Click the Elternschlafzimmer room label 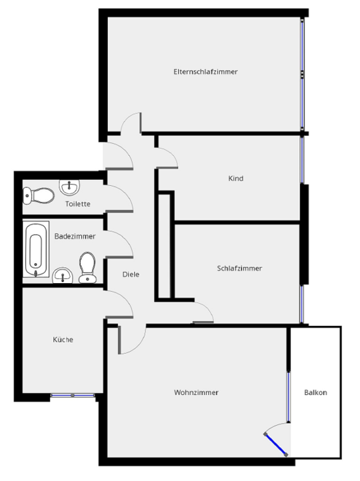tap(205, 71)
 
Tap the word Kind tap(236, 179)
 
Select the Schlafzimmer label tap(239, 268)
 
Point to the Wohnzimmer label tap(197, 392)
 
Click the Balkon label tap(315, 392)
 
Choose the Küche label tap(63, 340)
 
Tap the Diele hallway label tap(131, 274)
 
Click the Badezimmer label tap(75, 237)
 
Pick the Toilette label tap(78, 204)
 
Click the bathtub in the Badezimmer tap(37, 250)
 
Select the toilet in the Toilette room tap(38, 196)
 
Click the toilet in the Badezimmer tap(87, 266)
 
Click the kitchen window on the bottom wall tap(73, 396)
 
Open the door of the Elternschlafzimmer tap(131, 124)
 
